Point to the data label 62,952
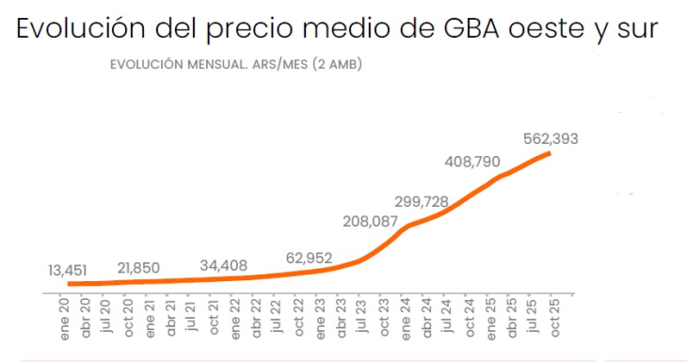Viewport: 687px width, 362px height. pyautogui.click(x=311, y=257)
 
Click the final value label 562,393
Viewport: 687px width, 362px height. pyautogui.click(x=551, y=138)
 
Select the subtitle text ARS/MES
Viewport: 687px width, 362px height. pyautogui.click(x=285, y=65)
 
